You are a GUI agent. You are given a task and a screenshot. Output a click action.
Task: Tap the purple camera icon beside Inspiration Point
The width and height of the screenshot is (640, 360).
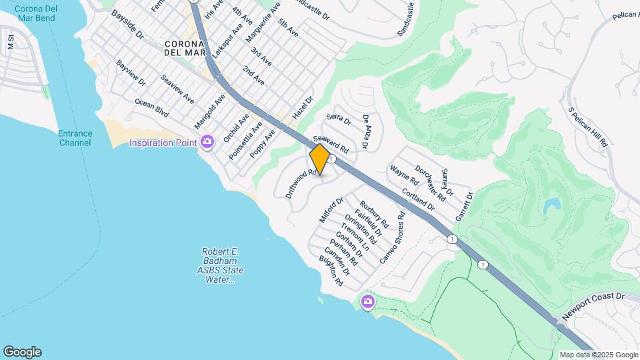(207, 141)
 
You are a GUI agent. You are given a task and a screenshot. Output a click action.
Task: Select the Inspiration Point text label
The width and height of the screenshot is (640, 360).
(163, 142)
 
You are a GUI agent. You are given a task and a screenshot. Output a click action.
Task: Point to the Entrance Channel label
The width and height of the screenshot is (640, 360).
(75, 138)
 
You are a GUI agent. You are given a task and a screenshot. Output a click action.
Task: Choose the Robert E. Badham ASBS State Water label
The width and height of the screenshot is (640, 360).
(220, 265)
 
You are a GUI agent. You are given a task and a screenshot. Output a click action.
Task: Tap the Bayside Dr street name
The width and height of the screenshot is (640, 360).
(128, 25)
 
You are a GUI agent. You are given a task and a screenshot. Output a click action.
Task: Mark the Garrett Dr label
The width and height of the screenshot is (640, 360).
(464, 207)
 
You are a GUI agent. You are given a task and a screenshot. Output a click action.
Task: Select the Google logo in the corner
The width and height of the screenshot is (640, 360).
(22, 352)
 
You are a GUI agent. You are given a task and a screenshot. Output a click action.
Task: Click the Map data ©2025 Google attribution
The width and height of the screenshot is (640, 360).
(599, 355)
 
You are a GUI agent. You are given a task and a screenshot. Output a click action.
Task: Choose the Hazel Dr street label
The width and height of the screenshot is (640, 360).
(303, 106)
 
